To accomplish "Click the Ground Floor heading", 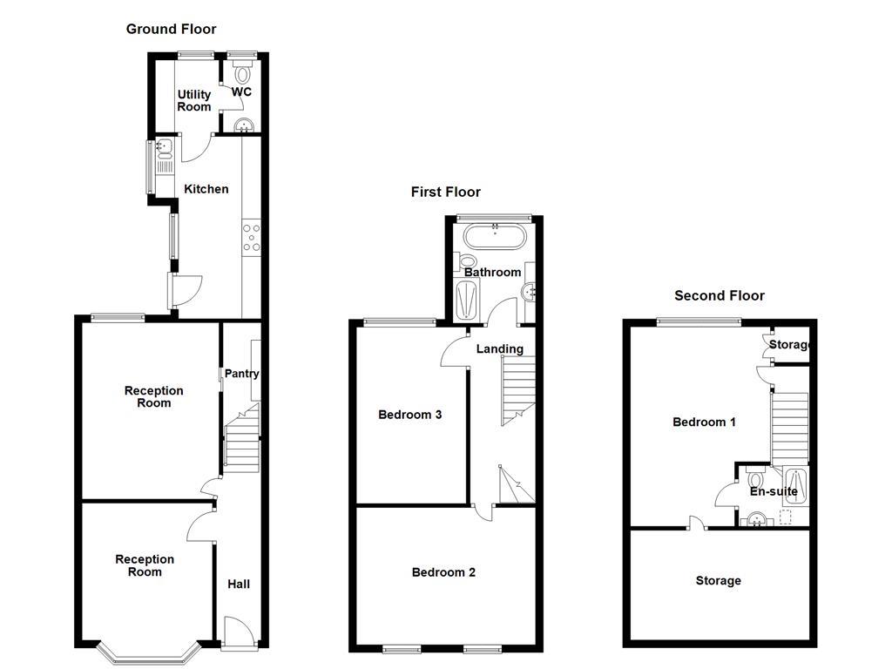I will point(171,29).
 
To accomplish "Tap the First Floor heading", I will point(445,192).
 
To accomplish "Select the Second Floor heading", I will point(720,295).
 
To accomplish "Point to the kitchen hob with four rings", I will point(251,239).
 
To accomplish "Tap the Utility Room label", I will point(194,100).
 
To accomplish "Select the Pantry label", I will point(241,374).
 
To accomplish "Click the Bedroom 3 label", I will point(409,415).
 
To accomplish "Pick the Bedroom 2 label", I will point(443,572).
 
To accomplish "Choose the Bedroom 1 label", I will point(704,422).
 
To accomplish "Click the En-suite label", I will point(774,491).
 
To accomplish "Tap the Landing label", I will point(499,348).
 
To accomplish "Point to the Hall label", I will point(239,584).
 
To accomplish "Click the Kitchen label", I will point(206,189).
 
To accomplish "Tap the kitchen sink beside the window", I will point(163,152).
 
